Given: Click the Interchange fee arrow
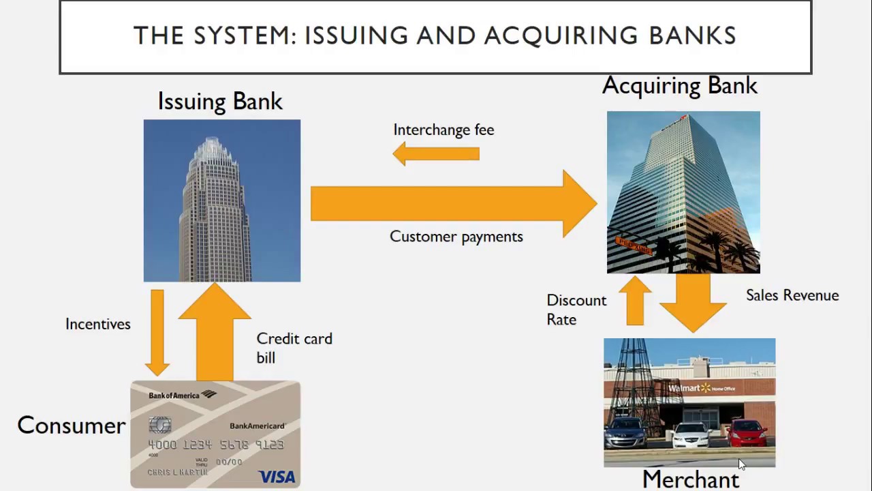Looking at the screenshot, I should [436, 153].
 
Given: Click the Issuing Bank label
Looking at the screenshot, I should [219, 101].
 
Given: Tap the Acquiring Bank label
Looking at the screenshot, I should [679, 85].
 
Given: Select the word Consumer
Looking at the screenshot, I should [72, 425].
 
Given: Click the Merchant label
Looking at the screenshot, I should [690, 479].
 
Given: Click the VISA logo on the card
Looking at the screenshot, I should [277, 476].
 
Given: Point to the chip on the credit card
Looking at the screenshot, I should [159, 425].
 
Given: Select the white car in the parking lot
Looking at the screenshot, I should [690, 434].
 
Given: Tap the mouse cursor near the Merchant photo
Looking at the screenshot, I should [741, 464].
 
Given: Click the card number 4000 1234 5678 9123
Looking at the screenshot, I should [215, 445].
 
